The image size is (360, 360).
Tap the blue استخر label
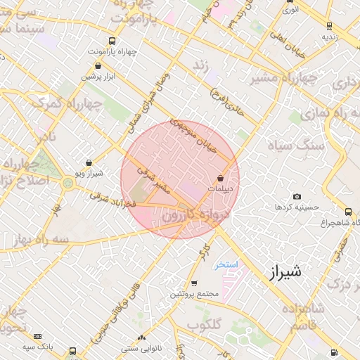(227, 264)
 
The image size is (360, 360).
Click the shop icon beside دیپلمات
(222, 179)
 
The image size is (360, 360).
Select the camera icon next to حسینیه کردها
(297, 196)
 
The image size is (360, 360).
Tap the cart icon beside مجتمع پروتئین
(194, 283)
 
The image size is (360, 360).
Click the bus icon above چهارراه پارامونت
(113, 41)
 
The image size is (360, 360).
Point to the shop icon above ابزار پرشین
(97, 67)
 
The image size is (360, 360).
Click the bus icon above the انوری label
(290, 1)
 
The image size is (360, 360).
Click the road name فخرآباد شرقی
(112, 199)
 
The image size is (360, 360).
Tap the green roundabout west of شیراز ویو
(67, 184)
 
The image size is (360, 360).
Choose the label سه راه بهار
(37, 238)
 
